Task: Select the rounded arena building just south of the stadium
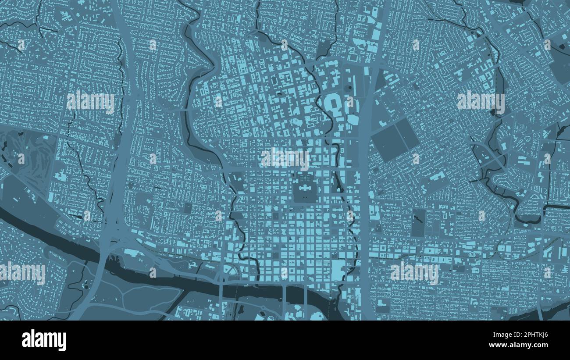click(353, 119)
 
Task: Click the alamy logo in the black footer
click(44, 340)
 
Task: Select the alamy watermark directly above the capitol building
click(285, 158)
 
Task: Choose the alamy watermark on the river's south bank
click(23, 273)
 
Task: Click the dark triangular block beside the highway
click(380, 81)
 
